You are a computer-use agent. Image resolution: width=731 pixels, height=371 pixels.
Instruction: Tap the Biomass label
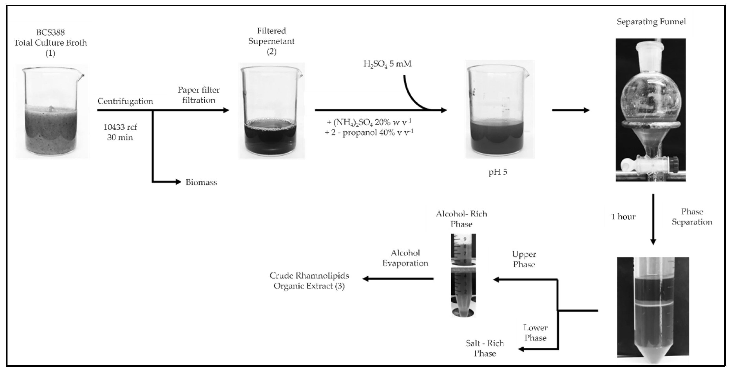click(201, 182)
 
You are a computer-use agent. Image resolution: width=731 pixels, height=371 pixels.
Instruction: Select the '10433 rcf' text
click(120, 127)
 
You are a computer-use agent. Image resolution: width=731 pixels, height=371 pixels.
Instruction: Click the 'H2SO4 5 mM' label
click(387, 64)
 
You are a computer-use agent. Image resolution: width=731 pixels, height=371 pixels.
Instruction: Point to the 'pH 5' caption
click(498, 172)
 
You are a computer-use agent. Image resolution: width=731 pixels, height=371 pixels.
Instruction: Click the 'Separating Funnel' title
click(651, 22)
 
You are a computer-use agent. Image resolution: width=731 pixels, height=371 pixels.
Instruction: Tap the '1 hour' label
click(623, 217)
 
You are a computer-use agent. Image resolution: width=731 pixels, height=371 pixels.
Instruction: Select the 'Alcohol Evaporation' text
click(405, 258)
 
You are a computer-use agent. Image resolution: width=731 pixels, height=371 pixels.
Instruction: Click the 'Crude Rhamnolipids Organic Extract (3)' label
click(309, 281)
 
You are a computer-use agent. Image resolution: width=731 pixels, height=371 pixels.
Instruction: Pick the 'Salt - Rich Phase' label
click(485, 348)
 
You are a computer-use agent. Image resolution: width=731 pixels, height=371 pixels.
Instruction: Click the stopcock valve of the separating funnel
click(650, 164)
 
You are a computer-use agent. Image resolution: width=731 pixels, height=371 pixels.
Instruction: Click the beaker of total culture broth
click(51, 114)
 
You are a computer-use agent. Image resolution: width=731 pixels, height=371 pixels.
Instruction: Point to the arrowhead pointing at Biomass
click(178, 182)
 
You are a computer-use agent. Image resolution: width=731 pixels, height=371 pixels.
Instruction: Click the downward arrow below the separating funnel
click(653, 219)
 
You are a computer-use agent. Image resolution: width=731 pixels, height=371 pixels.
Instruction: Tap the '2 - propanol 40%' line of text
click(369, 133)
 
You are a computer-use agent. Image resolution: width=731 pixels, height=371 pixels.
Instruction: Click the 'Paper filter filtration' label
click(199, 95)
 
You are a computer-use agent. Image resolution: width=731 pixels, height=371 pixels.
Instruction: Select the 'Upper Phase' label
click(524, 259)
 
